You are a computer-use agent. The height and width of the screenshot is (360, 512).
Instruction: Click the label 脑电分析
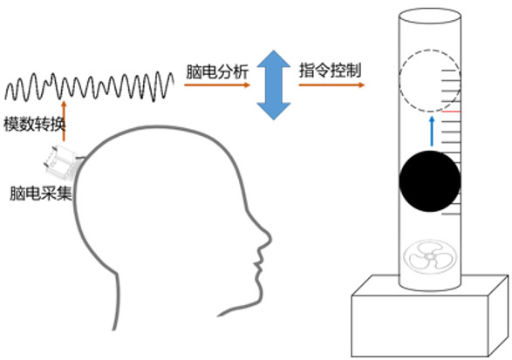coord(217,71)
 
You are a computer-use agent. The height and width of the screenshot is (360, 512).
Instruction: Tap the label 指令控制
coord(330,71)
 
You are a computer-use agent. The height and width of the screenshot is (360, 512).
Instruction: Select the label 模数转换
coord(35,124)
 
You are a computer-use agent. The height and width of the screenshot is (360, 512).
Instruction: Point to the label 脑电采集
coord(41,194)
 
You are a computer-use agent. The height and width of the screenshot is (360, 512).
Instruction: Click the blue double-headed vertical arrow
coord(274,85)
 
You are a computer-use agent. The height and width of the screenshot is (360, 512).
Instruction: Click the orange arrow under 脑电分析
coord(217,85)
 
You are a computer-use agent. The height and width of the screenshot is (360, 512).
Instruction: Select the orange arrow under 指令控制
coord(331,85)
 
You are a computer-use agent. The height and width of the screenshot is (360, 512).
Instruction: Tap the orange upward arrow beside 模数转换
coord(64,121)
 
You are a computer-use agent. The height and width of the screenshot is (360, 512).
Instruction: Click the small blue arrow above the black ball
coord(432,132)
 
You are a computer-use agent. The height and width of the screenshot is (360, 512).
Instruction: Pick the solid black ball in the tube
coord(430,181)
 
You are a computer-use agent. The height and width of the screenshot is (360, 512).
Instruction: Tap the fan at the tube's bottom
coord(430,257)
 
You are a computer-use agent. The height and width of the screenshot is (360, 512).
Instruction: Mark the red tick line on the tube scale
coord(451,112)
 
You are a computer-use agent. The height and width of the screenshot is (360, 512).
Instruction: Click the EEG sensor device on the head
coord(61,162)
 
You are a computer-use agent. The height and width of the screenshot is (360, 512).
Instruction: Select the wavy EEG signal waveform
coord(89,86)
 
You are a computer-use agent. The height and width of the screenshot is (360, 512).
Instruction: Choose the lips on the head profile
coord(259,265)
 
